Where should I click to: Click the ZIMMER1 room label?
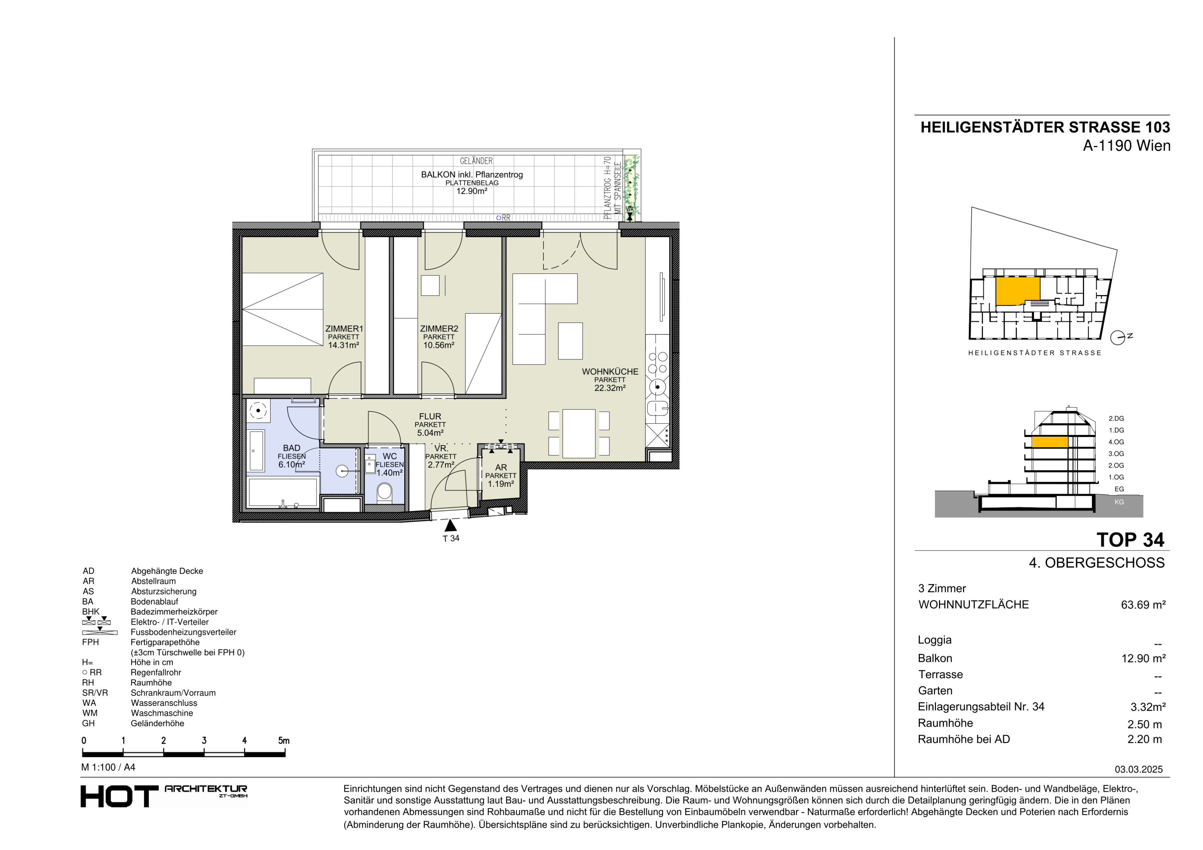[344, 329]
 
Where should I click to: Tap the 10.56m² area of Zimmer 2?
[439, 345]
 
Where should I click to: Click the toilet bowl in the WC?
[385, 492]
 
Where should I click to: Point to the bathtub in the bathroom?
[283, 492]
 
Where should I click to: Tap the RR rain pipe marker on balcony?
[504, 218]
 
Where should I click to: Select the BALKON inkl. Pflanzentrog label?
[472, 175]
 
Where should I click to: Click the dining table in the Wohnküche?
[578, 434]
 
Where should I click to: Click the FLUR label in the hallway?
[430, 417]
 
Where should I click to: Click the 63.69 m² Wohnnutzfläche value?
[1143, 605]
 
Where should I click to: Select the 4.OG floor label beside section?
[1116, 442]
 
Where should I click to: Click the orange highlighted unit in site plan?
[1017, 291]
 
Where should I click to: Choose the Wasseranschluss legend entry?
[164, 703]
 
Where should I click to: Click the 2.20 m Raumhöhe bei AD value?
[1145, 739]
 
